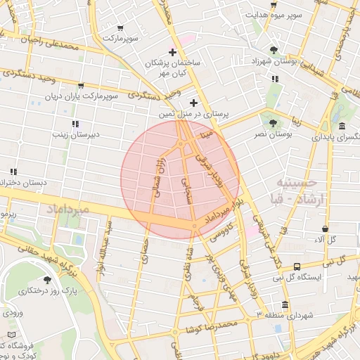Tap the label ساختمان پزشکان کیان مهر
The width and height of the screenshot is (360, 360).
tap(173, 67)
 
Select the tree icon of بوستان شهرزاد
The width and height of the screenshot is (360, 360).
tap(274, 50)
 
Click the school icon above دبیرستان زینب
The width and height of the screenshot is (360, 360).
tap(76, 124)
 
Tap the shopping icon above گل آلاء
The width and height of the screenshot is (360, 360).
tap(325, 229)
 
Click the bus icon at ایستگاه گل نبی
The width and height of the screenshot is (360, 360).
tap(297, 267)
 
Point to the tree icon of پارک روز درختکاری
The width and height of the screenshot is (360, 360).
tap(47, 280)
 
